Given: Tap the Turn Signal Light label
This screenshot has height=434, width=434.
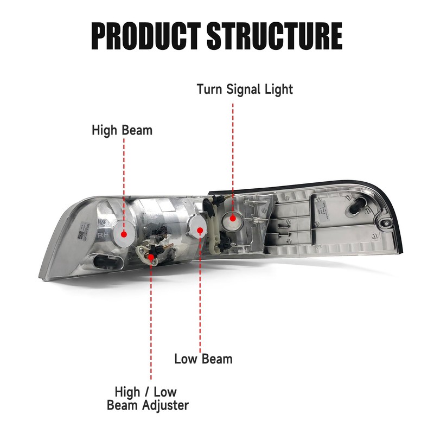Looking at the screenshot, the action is click(245, 89).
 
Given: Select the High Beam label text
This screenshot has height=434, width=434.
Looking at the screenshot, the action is click(122, 130).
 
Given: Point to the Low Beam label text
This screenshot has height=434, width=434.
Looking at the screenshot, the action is click(203, 359).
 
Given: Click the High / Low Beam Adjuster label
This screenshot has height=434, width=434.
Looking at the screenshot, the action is click(148, 398).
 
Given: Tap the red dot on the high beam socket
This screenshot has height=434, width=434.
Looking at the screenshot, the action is click(124, 234).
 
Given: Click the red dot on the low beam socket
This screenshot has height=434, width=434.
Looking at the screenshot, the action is click(200, 231).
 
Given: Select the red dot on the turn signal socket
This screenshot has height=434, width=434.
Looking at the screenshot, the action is click(233, 219).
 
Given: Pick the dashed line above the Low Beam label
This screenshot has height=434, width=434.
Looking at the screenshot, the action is click(200, 293).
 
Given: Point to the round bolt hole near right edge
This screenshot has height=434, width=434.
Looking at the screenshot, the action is click(386, 224).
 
